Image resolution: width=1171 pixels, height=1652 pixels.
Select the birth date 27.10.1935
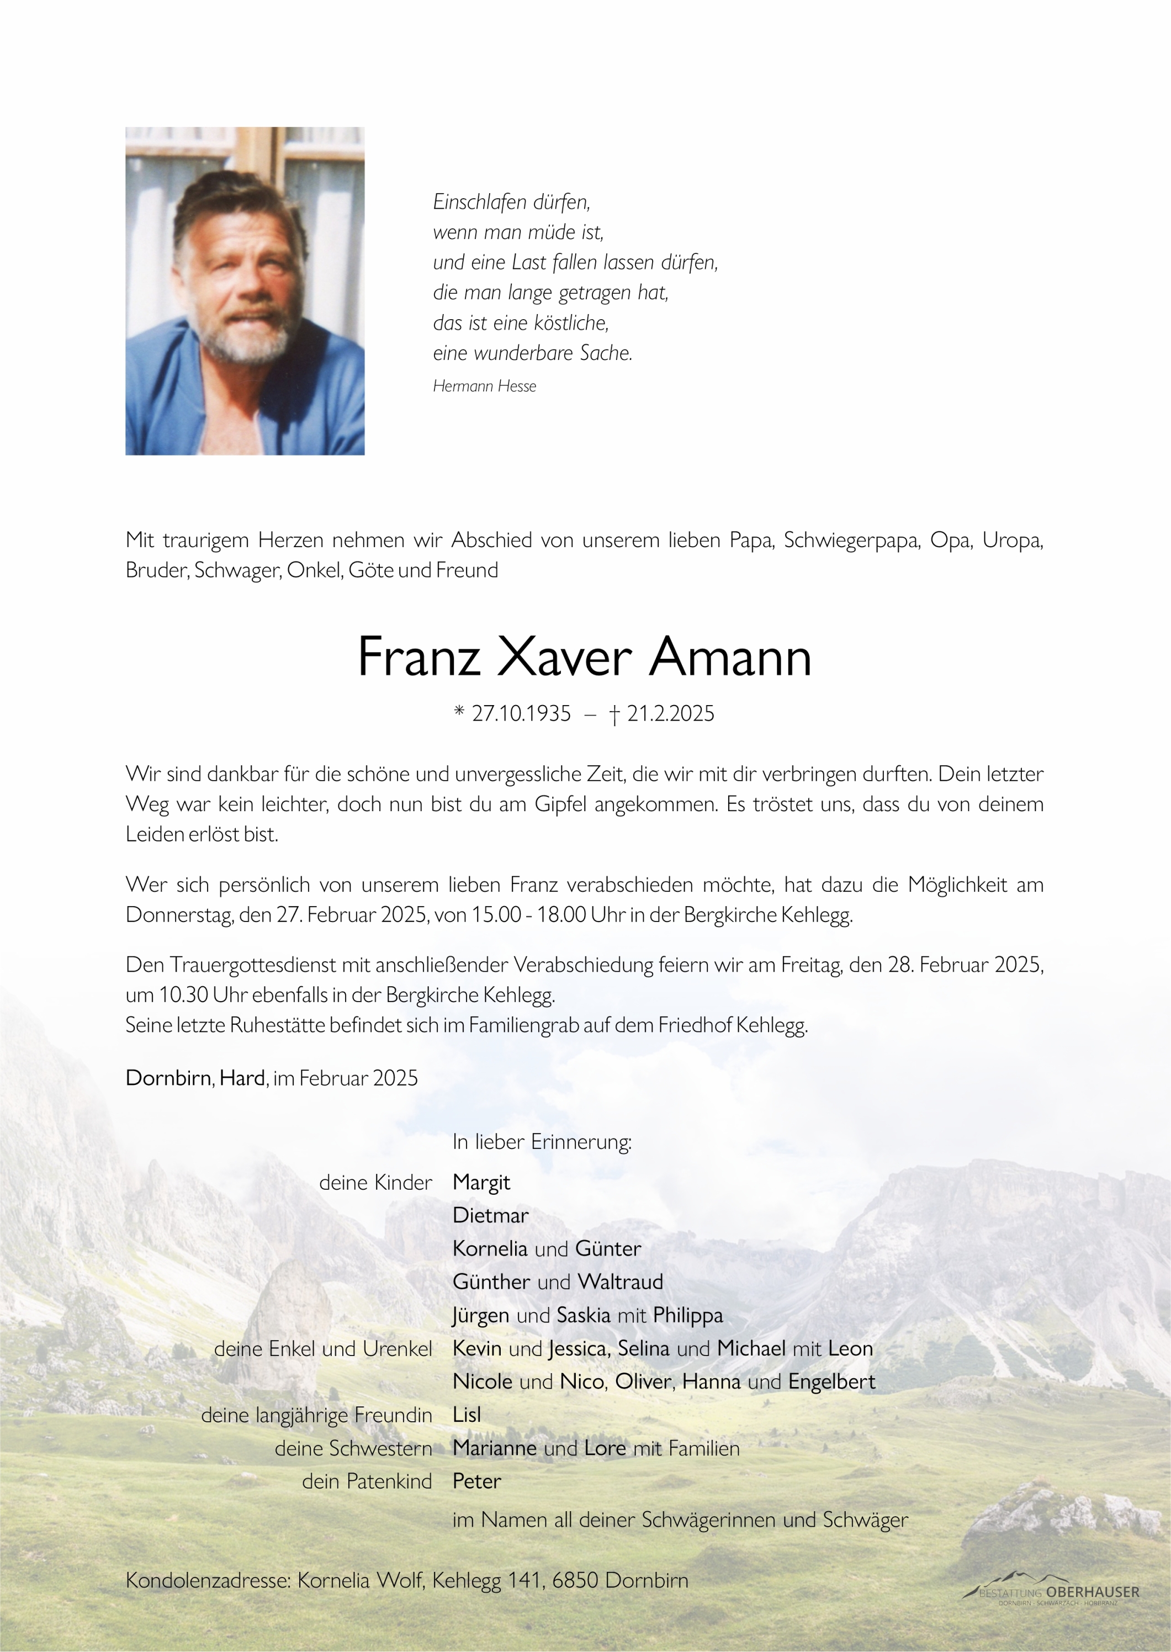(x=521, y=714)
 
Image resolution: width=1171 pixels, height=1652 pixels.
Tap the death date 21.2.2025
(x=671, y=714)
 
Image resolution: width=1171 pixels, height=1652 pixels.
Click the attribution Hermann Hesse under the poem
(x=485, y=386)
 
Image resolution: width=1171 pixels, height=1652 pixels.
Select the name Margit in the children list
(x=481, y=1183)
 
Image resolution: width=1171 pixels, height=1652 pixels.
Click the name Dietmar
(x=490, y=1216)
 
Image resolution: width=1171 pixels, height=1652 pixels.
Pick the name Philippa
(x=687, y=1315)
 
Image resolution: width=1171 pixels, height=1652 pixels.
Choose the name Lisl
(x=467, y=1415)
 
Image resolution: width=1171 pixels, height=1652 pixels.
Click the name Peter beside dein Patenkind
(x=476, y=1481)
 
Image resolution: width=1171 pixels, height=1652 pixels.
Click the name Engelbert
(x=831, y=1381)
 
